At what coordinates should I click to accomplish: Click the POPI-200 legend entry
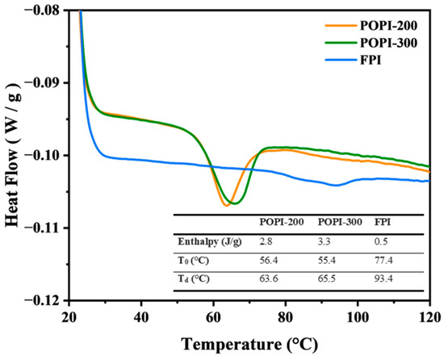(396, 24)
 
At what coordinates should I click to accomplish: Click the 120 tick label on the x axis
(429, 315)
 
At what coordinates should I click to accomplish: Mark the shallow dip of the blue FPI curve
(334, 185)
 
